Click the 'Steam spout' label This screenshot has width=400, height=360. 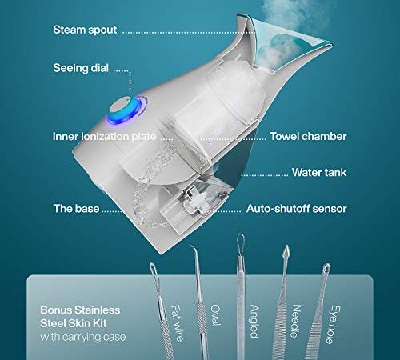[85, 30]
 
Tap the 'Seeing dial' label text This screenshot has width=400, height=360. [81, 68]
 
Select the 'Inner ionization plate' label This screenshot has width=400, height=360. [105, 136]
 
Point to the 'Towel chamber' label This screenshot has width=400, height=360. [308, 136]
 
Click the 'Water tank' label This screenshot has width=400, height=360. [319, 172]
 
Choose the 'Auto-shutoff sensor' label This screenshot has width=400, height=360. [296, 209]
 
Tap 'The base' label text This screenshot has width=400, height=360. [77, 209]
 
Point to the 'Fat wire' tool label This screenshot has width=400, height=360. [177, 323]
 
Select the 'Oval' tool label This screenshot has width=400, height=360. [215, 314]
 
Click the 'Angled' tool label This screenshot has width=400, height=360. [254, 322]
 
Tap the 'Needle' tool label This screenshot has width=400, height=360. [296, 321]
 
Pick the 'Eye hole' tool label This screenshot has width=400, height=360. [334, 325]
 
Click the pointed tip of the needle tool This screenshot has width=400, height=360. [286, 246]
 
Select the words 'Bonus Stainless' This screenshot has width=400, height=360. [80, 310]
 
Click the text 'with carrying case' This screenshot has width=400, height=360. [83, 337]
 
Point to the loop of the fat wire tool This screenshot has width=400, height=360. [154, 270]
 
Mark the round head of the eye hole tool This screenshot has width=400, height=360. [326, 267]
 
